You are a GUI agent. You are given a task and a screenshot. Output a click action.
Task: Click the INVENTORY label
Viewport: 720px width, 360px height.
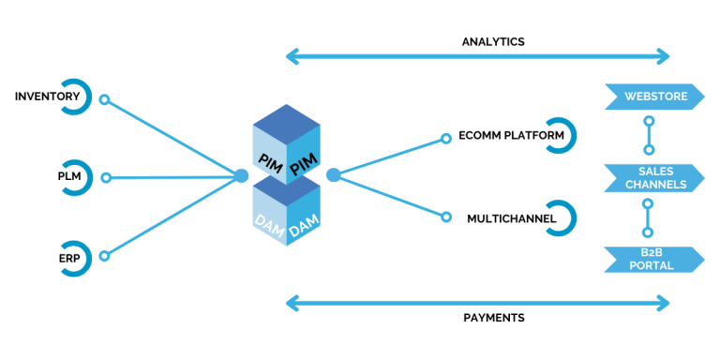47,97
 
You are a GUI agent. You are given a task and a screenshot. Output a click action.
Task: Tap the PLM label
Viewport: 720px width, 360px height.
68,177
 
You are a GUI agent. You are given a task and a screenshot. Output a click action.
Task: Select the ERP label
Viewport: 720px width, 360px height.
68,258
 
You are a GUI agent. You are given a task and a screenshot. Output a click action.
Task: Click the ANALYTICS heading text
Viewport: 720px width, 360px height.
493,42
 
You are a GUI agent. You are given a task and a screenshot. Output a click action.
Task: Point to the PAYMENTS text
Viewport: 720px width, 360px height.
494,318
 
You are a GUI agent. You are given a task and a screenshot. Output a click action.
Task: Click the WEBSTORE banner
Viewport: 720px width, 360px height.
654,97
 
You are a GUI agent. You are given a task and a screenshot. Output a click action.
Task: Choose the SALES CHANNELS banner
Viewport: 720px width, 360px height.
654,178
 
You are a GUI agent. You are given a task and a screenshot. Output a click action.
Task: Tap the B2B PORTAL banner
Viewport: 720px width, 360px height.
654,260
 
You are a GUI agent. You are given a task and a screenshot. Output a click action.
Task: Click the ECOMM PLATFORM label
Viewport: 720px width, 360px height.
511,136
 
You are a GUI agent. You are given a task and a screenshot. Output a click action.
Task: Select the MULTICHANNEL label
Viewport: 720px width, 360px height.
512,218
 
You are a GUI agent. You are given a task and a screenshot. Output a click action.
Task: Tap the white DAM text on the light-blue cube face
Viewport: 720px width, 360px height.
269,223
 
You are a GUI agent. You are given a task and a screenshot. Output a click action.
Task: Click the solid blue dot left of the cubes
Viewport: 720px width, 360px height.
242,175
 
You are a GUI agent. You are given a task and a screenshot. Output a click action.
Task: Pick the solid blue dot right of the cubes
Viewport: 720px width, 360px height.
333,175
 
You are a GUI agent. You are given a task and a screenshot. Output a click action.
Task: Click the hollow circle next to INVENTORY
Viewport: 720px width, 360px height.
105,99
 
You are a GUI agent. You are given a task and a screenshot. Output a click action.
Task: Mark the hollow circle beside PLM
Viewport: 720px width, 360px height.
106,178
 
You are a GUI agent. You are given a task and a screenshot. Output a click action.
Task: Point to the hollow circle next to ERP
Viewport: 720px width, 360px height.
105,256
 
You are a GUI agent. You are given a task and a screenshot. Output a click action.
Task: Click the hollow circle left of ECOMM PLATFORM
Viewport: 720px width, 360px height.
445,138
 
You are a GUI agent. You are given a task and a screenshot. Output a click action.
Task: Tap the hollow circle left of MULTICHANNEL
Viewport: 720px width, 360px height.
445,217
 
